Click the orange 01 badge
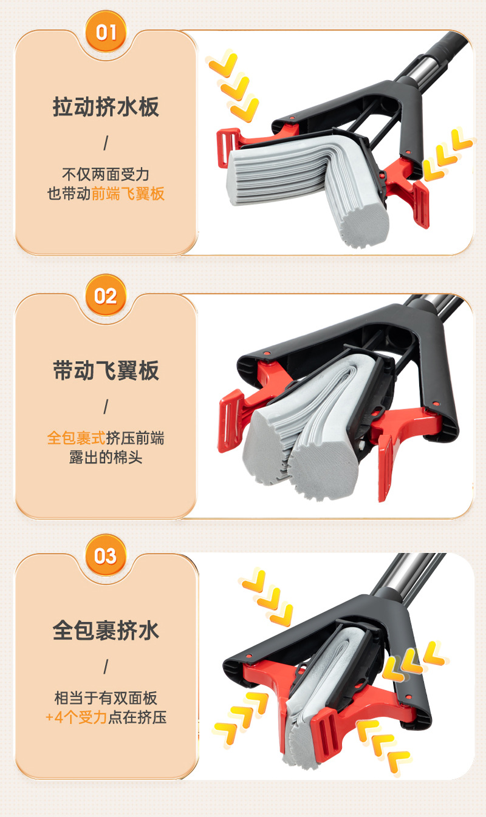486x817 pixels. (106, 33)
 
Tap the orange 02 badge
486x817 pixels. (106, 296)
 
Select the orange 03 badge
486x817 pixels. (106, 555)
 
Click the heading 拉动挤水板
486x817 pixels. (106, 107)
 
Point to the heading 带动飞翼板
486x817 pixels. (106, 370)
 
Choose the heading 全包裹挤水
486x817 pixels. (106, 630)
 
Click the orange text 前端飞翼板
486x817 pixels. (128, 193)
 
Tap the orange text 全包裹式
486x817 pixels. (77, 438)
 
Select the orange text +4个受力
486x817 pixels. (77, 717)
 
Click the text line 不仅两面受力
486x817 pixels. (106, 174)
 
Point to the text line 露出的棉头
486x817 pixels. (106, 457)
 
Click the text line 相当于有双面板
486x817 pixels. (106, 698)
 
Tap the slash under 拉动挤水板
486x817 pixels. (106, 143)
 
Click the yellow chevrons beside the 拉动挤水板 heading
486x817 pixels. (233, 86)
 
